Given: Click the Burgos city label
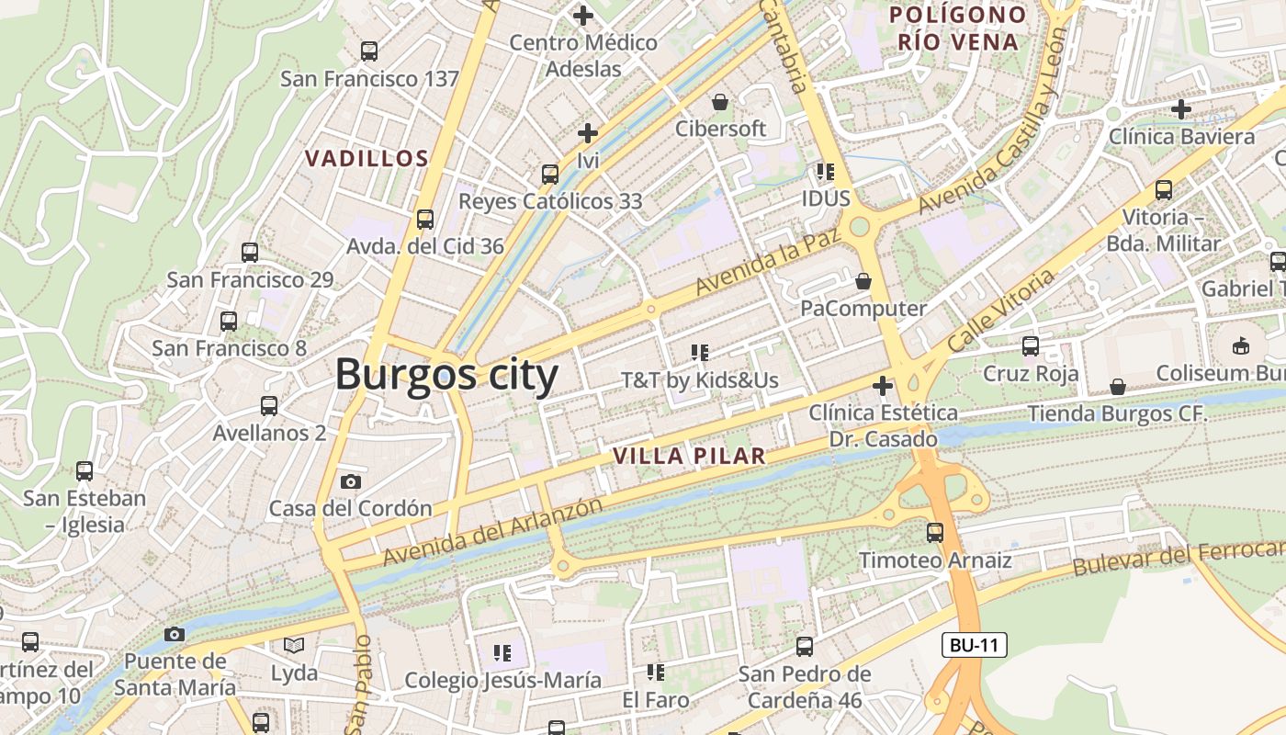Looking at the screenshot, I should pyautogui.click(x=446, y=376).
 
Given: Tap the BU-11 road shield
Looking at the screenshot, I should pyautogui.click(x=975, y=645).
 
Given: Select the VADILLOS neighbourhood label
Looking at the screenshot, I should pyautogui.click(x=367, y=158).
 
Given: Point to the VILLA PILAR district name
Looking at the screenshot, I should pyautogui.click(x=689, y=456).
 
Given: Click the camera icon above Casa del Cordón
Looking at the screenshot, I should pyautogui.click(x=350, y=481).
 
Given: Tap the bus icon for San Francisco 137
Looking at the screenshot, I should pyautogui.click(x=369, y=51).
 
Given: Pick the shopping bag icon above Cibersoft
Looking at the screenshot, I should pyautogui.click(x=720, y=101).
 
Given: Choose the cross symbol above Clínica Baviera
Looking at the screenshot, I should pyautogui.click(x=1181, y=109).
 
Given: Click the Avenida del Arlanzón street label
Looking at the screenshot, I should pyautogui.click(x=493, y=532).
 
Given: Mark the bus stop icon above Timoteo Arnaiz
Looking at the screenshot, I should pyautogui.click(x=935, y=533).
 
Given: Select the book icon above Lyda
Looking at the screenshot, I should pyautogui.click(x=294, y=646).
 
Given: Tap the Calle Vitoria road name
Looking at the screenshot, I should pyautogui.click(x=1001, y=311).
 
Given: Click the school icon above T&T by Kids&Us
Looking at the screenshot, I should pyautogui.click(x=700, y=352).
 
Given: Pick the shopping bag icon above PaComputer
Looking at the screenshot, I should pyautogui.click(x=863, y=280).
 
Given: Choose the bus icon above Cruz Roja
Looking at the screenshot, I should pyautogui.click(x=1031, y=346).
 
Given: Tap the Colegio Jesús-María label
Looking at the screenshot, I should pyautogui.click(x=503, y=681).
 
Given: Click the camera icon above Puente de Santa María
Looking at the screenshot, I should pyautogui.click(x=175, y=634).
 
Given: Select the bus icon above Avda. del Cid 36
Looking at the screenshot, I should pyautogui.click(x=424, y=220).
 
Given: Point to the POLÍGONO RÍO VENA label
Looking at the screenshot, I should pyautogui.click(x=959, y=28).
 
